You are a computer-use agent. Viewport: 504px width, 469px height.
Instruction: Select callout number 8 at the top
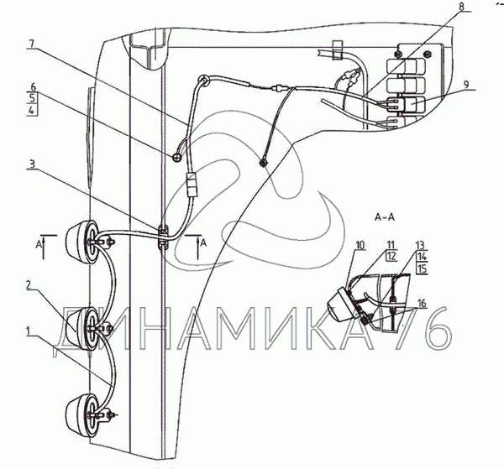point(461,8)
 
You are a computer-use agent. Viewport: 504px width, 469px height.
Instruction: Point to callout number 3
point(31,165)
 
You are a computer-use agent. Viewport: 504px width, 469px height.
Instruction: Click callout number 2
point(31,286)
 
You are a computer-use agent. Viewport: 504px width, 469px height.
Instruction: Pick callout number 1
point(31,332)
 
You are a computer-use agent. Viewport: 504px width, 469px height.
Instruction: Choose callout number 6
point(31,86)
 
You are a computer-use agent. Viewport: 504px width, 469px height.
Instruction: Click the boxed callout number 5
point(31,98)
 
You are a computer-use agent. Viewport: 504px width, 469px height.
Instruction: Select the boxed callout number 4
point(31,111)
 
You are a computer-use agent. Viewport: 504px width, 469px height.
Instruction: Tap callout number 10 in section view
point(360,245)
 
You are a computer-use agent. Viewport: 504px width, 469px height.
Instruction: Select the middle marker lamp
point(87,323)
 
